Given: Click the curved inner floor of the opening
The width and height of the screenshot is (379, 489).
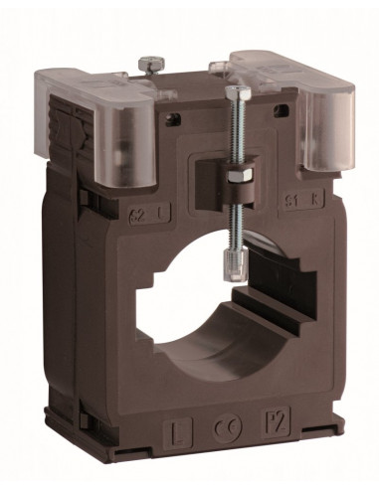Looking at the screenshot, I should (x=214, y=348).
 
